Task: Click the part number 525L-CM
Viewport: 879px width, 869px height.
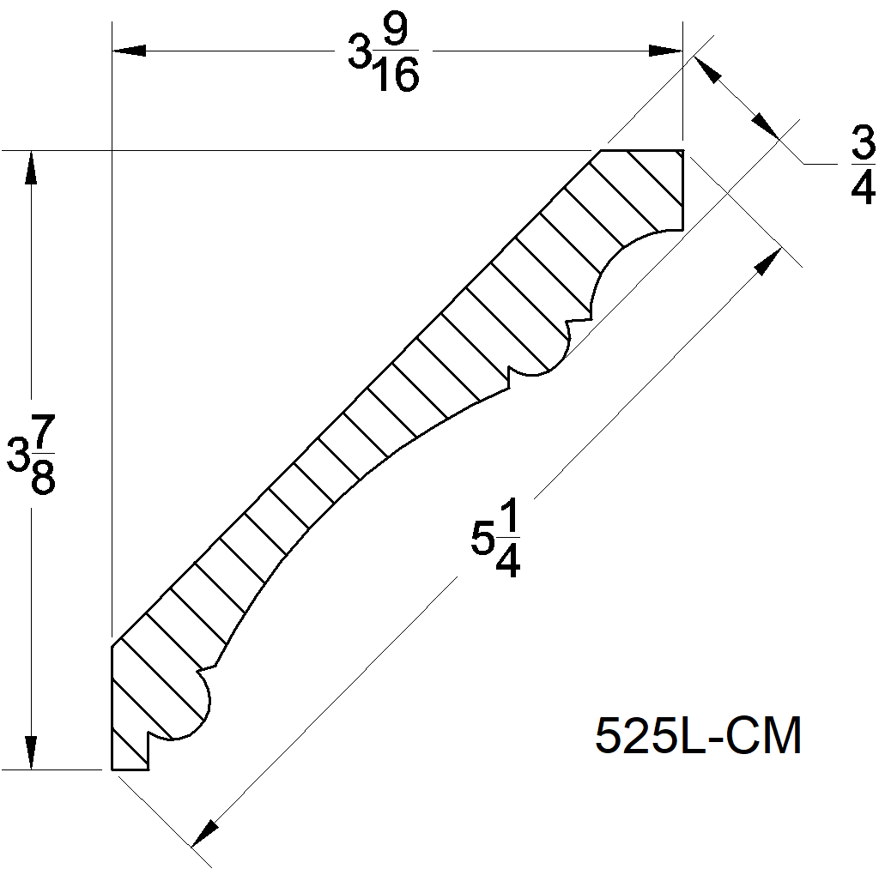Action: point(698,736)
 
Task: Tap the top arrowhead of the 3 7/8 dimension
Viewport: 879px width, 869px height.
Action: point(32,168)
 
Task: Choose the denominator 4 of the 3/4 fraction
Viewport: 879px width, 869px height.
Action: point(862,188)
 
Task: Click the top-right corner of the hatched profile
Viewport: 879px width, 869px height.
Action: point(682,151)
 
